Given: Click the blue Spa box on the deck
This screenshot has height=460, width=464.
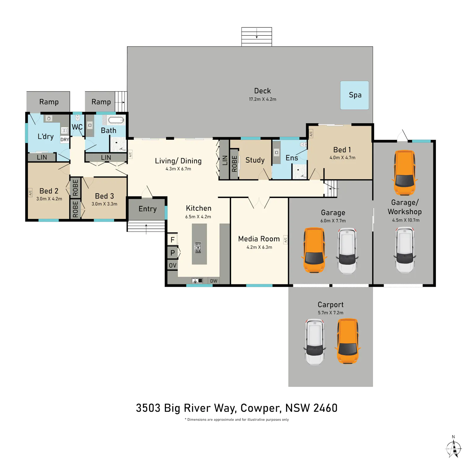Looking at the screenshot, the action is coord(354,95).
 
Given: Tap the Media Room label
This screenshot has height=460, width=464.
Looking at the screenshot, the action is coord(259,239).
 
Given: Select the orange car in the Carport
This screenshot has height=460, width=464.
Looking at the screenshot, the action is coord(348,341).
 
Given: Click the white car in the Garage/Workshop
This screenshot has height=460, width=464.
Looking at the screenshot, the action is coord(405,250).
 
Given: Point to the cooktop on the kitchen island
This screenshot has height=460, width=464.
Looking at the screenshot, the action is coord(198,248).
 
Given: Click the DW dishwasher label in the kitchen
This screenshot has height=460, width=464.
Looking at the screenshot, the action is coord(214,281).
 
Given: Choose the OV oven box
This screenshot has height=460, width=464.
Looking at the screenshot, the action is coord(173,265).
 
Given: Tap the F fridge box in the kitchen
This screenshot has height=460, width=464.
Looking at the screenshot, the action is coord(173,239).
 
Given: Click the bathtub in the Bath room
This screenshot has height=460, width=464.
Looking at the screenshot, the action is coord(116,120).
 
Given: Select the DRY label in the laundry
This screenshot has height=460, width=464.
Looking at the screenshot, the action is coord(65,140).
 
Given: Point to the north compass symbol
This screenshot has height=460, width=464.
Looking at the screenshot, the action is coord(453,447).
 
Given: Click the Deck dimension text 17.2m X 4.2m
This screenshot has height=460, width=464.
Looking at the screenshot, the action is coord(263,99).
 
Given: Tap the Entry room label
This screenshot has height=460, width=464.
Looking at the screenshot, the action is coord(148,209).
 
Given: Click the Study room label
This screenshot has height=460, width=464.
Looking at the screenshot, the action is coord(255,160).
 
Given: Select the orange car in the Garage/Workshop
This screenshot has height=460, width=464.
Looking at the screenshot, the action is coord(405,173).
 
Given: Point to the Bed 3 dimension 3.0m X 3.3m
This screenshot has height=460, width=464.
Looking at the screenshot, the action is coord(104,204).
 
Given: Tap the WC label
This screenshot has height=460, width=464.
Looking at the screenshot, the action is coord(77,127).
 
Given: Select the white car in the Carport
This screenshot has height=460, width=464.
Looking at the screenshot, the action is coord(315,342).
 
